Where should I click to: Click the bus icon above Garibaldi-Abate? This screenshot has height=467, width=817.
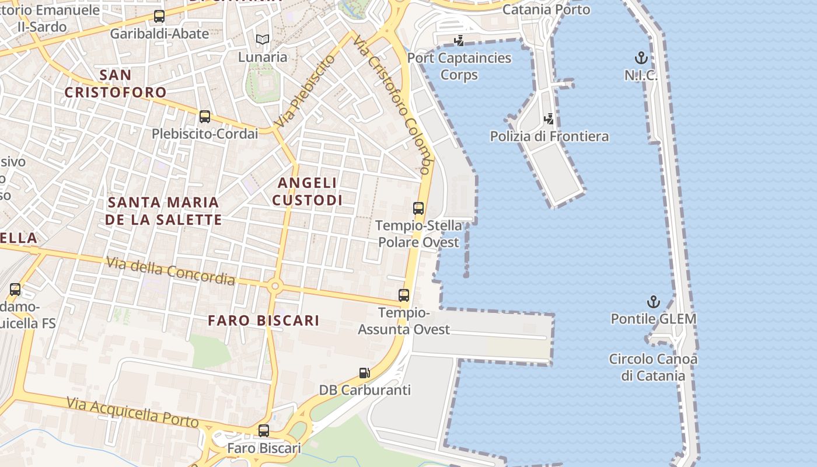[x=159, y=16]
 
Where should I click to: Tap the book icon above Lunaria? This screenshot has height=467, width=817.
[x=263, y=40]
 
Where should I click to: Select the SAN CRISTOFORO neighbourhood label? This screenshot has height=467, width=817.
[x=116, y=83]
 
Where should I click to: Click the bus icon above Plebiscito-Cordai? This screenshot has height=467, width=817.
[x=205, y=116]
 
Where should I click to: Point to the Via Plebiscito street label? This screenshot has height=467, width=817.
[x=306, y=92]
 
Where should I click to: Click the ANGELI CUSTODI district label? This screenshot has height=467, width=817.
[x=307, y=191]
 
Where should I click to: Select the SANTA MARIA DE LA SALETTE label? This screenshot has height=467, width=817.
[x=163, y=211]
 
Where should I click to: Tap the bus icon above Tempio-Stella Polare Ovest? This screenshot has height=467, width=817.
[x=418, y=208]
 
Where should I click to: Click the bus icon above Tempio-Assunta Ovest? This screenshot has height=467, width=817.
[x=404, y=295]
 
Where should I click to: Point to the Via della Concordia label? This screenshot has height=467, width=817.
[x=170, y=271]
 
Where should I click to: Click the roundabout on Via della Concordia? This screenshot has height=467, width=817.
[x=275, y=286]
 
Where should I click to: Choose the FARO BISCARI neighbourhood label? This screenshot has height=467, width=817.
[x=264, y=320]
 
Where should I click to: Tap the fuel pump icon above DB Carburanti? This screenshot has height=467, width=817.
[x=364, y=372]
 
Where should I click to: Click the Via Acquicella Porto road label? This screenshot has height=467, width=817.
[x=132, y=412]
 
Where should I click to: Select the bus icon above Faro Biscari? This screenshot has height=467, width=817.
[x=264, y=431]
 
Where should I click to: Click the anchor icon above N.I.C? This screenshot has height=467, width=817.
[x=641, y=58]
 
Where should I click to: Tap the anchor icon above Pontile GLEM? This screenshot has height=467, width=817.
[x=654, y=302]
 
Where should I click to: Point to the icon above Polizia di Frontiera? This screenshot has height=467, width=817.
[x=549, y=119]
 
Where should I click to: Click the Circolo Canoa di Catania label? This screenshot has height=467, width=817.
[x=653, y=367]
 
